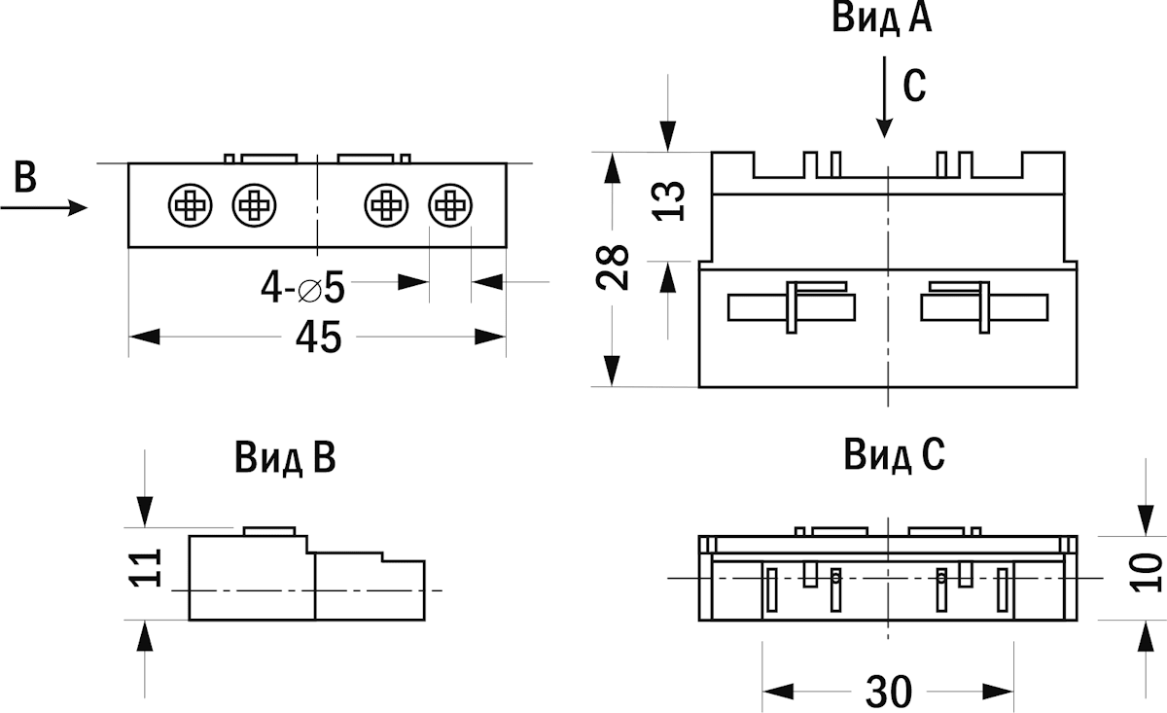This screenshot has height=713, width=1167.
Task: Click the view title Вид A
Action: point(881,19)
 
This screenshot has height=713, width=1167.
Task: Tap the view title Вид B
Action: point(285,457)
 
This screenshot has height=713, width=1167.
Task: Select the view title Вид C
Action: point(894,454)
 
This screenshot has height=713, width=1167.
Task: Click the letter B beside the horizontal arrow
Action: point(26,178)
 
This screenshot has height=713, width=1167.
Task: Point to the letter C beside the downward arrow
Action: point(914,88)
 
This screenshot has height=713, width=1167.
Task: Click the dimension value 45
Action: point(318,338)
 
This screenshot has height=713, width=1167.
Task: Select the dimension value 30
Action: point(888,692)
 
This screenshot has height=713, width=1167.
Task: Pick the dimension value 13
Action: point(669,199)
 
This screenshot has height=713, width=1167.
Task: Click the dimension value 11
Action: point(144,569)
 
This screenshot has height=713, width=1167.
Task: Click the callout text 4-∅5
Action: point(302,288)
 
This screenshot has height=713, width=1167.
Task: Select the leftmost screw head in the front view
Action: point(190,205)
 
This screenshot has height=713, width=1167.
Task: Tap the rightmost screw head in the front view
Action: point(450,205)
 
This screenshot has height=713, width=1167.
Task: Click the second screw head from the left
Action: point(255,205)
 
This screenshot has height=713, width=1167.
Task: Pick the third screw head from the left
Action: point(386,205)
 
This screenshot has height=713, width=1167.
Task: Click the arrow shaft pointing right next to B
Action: point(44,207)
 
